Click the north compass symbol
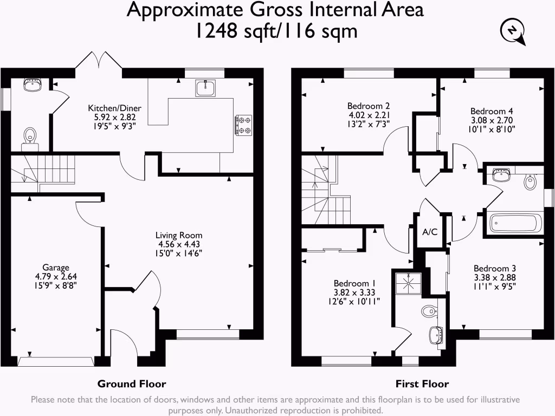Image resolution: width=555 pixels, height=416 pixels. (x=513, y=32)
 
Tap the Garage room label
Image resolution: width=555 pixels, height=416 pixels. (x=56, y=267)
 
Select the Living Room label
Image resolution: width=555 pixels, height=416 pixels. (x=178, y=235)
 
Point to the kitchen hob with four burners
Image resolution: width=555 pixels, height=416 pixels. (x=243, y=125)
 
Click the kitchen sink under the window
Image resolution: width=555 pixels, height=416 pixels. (x=205, y=88)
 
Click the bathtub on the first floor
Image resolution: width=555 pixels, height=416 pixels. (x=515, y=223)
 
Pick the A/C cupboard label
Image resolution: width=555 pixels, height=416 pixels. (x=430, y=232)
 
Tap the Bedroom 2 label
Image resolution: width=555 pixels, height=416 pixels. (x=369, y=106)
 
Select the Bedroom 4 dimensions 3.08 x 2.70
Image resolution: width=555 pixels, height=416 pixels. (x=491, y=120)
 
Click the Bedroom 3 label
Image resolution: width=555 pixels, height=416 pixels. (x=494, y=268)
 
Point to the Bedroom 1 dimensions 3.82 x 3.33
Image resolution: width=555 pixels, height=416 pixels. (x=354, y=292)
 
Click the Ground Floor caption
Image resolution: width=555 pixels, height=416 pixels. (x=132, y=384)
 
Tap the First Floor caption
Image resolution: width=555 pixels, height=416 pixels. (x=422, y=384)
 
